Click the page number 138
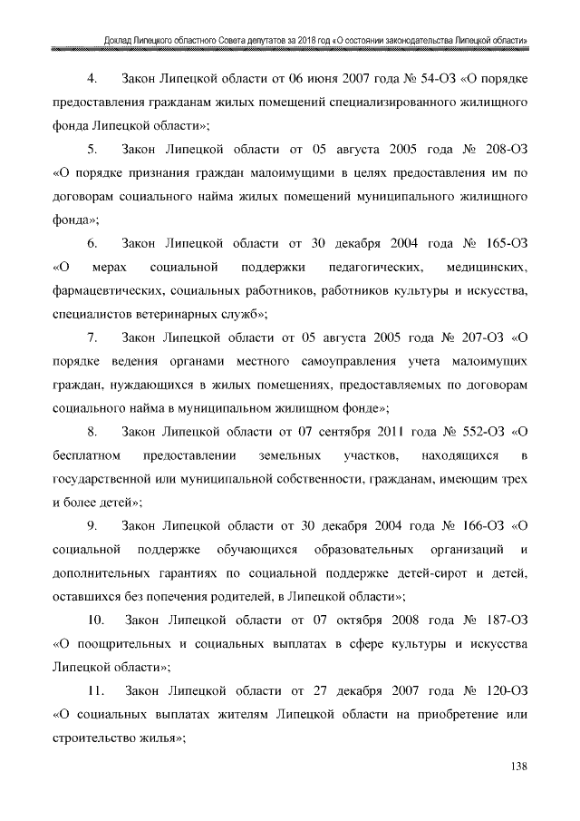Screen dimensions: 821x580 point(518,767)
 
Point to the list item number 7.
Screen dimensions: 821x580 point(92,339)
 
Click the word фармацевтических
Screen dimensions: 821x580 point(108,291)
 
